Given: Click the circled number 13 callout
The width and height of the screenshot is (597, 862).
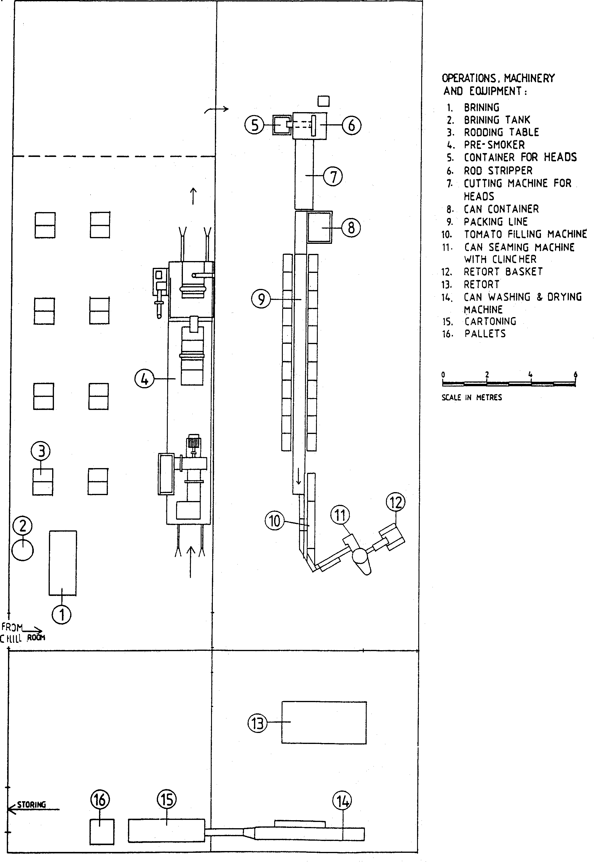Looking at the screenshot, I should point(258,723).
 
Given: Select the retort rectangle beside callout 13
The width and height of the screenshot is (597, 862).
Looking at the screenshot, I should point(324,722).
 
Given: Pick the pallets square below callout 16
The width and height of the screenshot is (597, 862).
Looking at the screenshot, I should point(102,832).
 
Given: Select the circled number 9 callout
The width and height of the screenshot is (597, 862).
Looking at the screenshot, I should point(261,299).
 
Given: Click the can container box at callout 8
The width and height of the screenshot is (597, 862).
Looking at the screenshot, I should point(319,227).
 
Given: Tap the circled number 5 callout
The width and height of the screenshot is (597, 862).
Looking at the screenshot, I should point(255,125).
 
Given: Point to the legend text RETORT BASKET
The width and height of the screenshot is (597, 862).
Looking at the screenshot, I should point(503,272).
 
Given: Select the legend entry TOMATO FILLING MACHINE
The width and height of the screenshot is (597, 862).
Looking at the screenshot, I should point(525,234).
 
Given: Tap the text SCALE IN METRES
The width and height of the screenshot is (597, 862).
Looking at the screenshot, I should point(471,397).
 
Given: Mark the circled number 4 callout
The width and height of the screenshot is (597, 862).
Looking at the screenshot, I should point(144,379).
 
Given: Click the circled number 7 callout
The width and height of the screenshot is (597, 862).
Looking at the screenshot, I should point(333,176).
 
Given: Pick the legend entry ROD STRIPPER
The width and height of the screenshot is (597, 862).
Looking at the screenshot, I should point(498,171).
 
